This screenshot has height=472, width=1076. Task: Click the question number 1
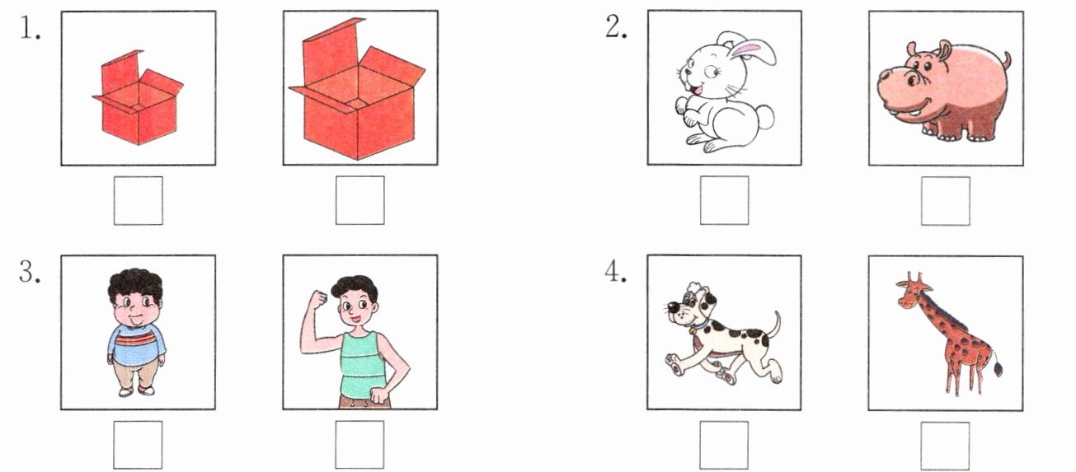pos(30,28)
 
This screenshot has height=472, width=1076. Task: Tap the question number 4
pos(615,272)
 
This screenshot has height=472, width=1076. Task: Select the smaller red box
pos(138,97)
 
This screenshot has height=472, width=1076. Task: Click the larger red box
pos(357,89)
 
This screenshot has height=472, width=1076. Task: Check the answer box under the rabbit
pos(724,200)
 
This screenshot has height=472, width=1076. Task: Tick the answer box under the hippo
pos(946,201)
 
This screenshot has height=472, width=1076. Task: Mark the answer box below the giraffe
pos(945,446)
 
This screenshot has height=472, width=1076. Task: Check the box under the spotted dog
pos(723,445)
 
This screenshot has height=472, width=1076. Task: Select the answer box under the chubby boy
pos(138,445)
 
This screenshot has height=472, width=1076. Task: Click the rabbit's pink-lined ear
pos(754,51)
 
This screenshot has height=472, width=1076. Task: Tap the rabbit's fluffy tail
pos(764,117)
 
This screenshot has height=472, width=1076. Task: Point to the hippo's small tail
pos(1007,62)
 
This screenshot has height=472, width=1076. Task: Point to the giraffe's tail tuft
pos(998,369)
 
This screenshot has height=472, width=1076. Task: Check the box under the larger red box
pos(359,200)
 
